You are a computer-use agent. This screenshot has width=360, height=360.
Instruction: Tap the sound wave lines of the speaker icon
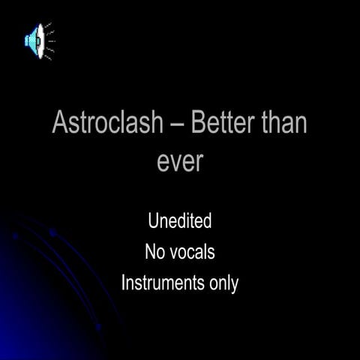tap(49, 41)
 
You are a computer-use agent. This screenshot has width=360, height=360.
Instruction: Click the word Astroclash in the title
tap(107, 123)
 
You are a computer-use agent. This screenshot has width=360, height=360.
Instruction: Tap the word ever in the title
tap(180, 162)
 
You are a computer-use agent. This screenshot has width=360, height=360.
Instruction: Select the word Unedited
tap(180, 221)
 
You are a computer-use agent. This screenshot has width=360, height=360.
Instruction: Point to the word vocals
tap(192, 253)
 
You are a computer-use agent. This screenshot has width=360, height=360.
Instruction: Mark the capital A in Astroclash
tap(60, 123)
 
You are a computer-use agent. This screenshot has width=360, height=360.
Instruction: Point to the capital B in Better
tap(196, 123)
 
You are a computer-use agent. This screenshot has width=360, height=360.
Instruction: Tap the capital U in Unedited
tap(154, 221)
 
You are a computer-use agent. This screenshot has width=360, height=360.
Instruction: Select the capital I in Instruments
tap(123, 284)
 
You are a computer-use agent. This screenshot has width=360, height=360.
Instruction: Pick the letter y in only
tap(235, 286)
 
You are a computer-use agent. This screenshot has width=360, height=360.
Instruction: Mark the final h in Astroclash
tap(155, 123)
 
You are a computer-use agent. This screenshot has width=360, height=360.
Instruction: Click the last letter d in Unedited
tap(207, 221)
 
